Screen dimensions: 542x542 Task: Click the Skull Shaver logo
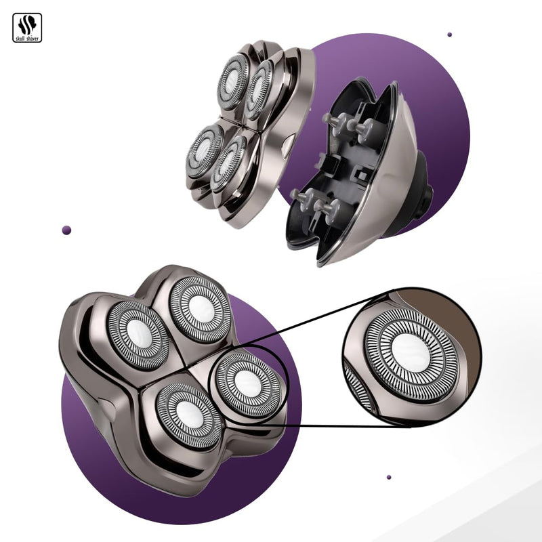click(27, 27)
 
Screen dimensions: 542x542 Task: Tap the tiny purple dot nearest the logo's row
click(449, 34)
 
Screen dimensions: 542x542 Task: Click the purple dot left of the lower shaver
click(66, 230)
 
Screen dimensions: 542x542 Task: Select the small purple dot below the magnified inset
click(389, 477)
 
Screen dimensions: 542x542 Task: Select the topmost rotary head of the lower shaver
click(200, 309)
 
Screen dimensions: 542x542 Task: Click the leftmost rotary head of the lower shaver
click(139, 334)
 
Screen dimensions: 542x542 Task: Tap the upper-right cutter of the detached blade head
click(259, 90)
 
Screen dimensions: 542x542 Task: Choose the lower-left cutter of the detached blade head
click(205, 151)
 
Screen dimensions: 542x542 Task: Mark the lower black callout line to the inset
click(325, 427)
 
